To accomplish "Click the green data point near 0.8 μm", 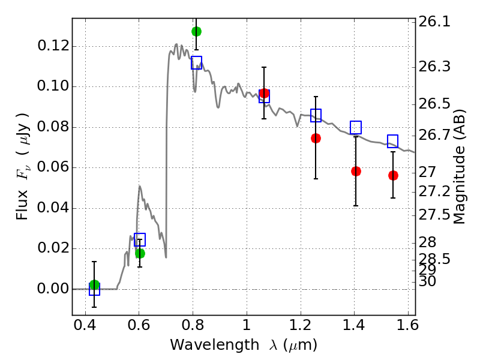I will tap(196, 31).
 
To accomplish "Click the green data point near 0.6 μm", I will tap(140, 253).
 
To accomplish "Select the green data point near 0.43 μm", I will tap(94, 284).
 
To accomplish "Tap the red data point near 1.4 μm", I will tap(356, 171).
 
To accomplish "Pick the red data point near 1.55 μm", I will tap(393, 175).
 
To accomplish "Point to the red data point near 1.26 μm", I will tap(316, 138).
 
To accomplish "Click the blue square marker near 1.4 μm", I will tap(356, 127).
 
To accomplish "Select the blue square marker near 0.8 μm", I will tap(196, 63).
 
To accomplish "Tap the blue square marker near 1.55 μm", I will tap(393, 141).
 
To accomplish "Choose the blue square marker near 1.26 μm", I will tap(316, 115).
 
